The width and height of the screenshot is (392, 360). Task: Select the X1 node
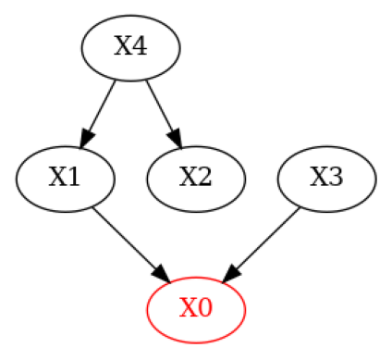click(x=65, y=178)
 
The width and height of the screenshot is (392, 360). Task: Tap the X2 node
click(x=196, y=178)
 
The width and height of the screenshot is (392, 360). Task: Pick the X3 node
click(x=327, y=178)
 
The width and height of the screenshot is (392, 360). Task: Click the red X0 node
click(x=196, y=308)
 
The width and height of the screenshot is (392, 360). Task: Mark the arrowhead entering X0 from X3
click(x=231, y=274)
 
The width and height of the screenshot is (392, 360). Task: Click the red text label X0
click(x=196, y=308)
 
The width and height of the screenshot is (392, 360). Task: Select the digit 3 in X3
click(x=337, y=178)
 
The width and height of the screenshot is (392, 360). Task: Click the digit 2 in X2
click(x=205, y=178)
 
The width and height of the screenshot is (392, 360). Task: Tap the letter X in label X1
click(x=55, y=178)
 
